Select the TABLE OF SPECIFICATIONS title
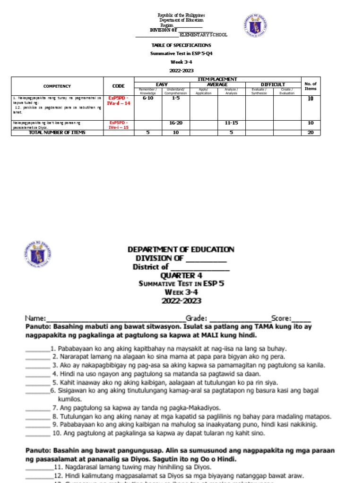tap(181, 45)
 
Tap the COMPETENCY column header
tap(57, 86)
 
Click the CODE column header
tap(119, 86)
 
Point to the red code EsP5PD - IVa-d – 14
tap(119, 100)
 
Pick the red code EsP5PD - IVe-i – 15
tap(119, 125)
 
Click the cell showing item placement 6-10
tap(148, 98)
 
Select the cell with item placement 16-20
tap(176, 122)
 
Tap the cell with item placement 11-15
tap(231, 122)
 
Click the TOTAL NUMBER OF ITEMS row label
tap(57, 133)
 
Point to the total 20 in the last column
tap(311, 133)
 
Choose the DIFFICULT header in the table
tap(273, 84)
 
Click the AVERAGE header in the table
tap(217, 84)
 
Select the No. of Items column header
tap(311, 86)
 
